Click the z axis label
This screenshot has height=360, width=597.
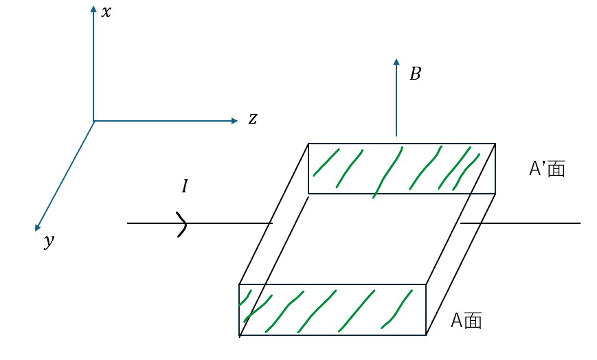point(253,119)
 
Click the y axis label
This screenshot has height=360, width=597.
point(49,240)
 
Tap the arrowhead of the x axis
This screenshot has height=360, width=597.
point(93,10)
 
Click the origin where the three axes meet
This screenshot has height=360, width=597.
point(93,121)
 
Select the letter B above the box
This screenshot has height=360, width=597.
point(415,74)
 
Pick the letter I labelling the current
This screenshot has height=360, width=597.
point(184,186)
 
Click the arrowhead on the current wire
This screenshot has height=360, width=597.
point(182,223)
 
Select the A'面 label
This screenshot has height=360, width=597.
point(547,169)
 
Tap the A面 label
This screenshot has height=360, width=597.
point(466,320)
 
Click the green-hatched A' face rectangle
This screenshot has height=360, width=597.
point(402,169)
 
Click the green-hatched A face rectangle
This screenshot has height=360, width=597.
point(333,310)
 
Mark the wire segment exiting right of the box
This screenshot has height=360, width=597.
point(520,223)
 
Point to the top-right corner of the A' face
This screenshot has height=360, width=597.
point(495,144)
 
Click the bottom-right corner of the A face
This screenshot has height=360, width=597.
point(426,335)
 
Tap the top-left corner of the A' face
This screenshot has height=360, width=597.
point(308,144)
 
